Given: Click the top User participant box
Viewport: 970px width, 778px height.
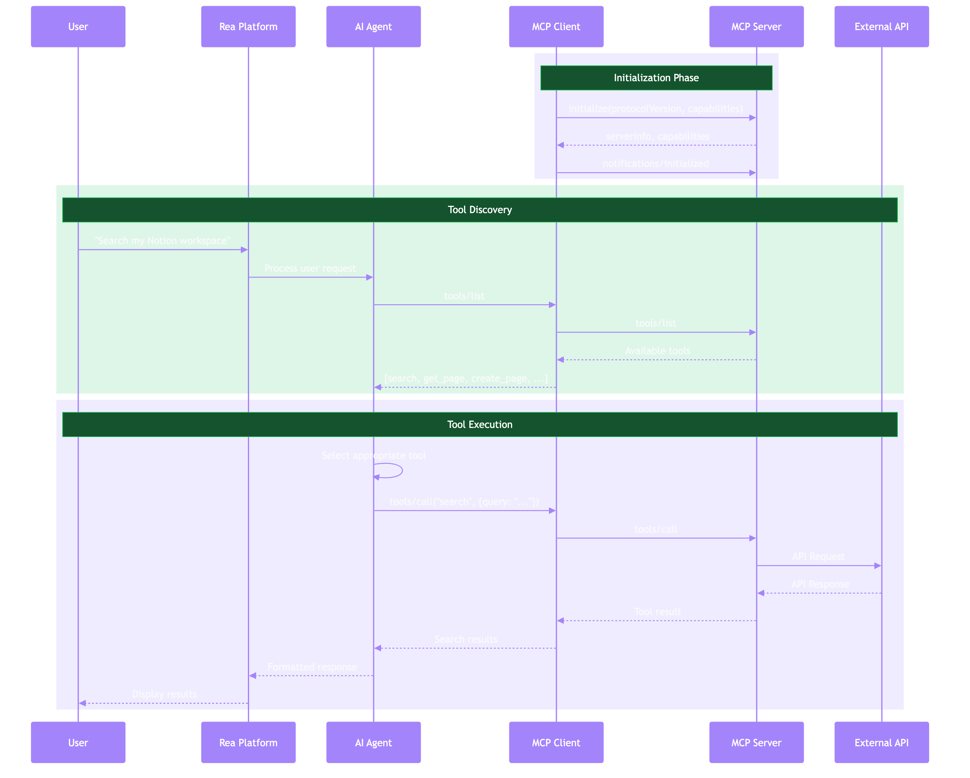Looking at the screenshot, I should coord(78,26).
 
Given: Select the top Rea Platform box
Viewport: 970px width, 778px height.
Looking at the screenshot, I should coord(248,26).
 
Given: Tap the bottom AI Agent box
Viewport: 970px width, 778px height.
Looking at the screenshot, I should coord(373,743).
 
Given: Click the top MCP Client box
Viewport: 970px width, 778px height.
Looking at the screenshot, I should coord(556,26).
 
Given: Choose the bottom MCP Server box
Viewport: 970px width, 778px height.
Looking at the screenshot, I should coord(756,743).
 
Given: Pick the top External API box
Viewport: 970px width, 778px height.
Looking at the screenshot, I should coord(881,26).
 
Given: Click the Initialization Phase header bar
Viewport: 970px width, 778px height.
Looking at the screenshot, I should coord(656,78).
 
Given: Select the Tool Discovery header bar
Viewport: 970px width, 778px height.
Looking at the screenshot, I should coord(480,209).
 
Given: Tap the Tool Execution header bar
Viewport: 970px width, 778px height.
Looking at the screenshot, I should coord(480,425).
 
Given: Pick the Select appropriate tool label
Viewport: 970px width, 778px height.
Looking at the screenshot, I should coord(374,456).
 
